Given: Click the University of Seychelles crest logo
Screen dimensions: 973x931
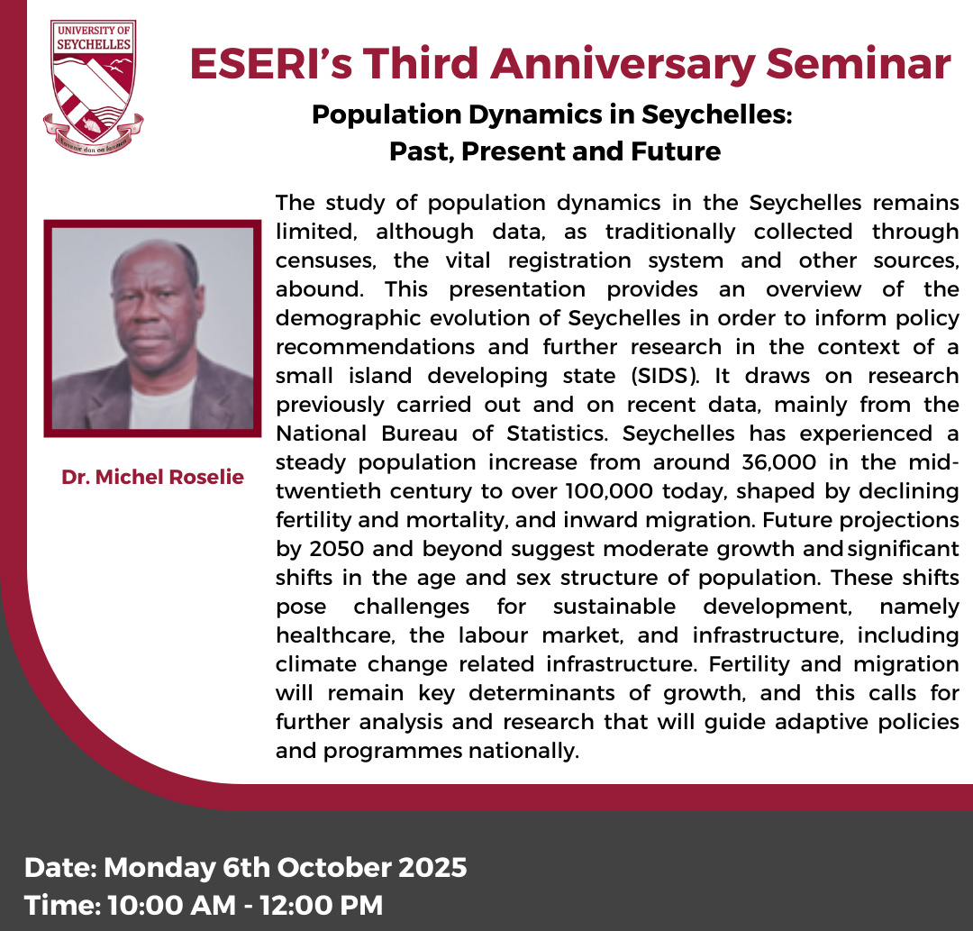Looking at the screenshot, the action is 93,87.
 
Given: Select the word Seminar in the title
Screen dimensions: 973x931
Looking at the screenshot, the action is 859,63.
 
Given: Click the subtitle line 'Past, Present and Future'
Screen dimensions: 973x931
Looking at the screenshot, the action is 555,151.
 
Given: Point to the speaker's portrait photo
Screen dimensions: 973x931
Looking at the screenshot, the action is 152,328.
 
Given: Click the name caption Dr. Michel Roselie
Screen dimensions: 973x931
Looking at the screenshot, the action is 152,477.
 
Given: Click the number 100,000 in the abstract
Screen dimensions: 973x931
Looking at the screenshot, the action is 609,491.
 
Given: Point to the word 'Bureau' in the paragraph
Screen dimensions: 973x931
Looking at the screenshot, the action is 420,434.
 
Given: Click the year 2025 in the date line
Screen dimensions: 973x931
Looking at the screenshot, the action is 432,867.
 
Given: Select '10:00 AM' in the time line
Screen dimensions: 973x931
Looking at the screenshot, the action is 172,906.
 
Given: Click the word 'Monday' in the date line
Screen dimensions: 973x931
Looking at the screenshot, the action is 159,868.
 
